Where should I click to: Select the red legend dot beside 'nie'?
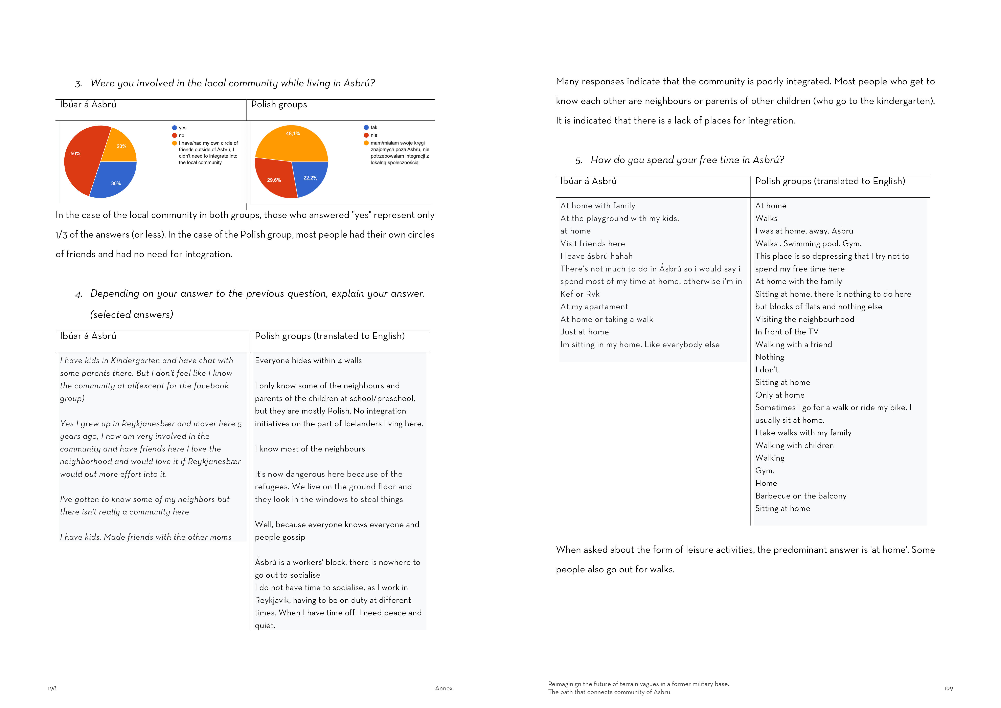point(366,135)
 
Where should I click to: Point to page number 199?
point(949,689)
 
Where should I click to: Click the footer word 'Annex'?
point(444,688)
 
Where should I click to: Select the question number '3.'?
point(78,84)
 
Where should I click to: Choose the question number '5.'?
point(578,160)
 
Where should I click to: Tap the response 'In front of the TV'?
point(787,332)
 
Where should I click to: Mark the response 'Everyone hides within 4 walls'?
point(308,360)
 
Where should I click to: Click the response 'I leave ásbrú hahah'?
point(596,256)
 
